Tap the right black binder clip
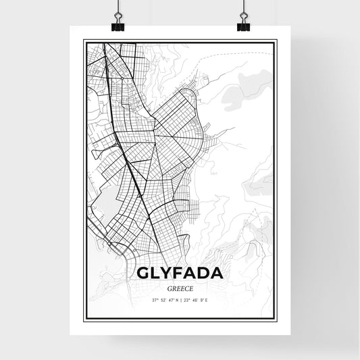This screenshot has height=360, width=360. pyautogui.click(x=243, y=26)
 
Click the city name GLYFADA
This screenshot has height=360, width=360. pyautogui.click(x=180, y=274)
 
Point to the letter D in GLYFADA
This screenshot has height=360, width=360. pyautogui.click(x=204, y=274)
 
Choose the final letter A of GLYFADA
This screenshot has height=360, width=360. pyautogui.click(x=217, y=274)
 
